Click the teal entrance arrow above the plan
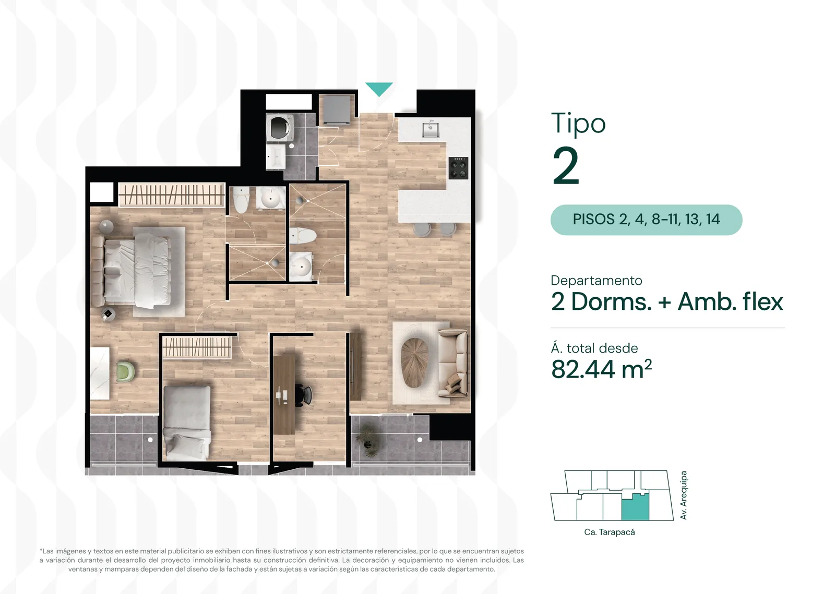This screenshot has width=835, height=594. (379, 89)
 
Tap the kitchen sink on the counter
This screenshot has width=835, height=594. (430, 128)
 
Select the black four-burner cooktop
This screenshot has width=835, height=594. (458, 168)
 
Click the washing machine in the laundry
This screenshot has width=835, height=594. (280, 127)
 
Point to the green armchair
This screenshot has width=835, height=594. (125, 371)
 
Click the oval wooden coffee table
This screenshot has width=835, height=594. (414, 362)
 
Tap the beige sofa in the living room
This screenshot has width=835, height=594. (452, 361)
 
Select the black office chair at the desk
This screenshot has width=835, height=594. (304, 394)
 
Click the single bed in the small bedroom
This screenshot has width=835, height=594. (187, 422)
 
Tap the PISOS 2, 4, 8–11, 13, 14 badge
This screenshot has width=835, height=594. (646, 220)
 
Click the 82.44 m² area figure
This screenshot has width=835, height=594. (601, 369)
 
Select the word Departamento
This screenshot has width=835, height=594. (597, 281)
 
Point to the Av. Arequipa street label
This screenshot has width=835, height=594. (683, 495)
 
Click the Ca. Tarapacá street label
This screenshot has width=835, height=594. (610, 532)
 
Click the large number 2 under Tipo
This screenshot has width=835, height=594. (566, 166)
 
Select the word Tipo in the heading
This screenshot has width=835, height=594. (578, 123)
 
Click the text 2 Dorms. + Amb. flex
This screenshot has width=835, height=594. (667, 301)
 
